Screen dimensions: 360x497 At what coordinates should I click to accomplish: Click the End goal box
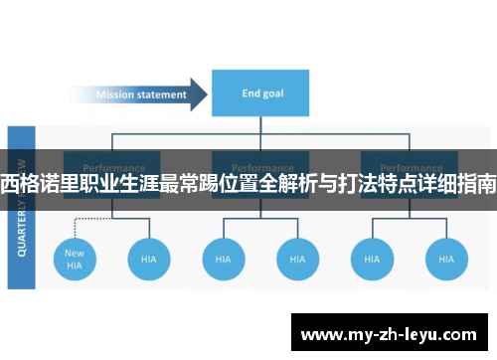pos(259,94)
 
